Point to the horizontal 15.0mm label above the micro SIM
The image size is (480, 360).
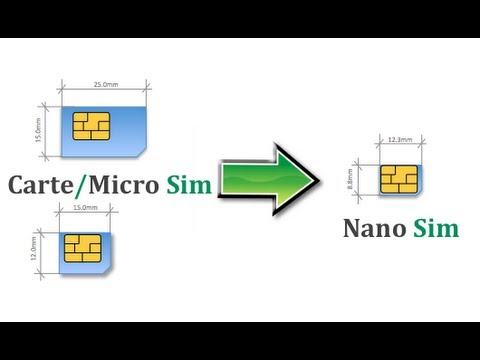[86, 207]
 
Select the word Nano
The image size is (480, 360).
[374, 228]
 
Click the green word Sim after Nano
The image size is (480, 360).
[438, 228]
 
